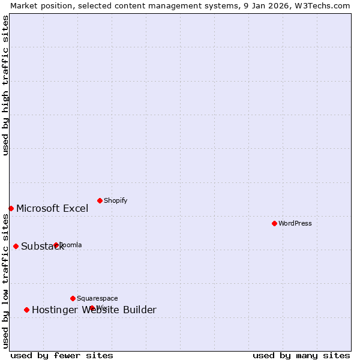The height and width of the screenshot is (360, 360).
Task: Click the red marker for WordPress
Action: (x=274, y=223)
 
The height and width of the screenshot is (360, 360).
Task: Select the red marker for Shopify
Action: (x=100, y=200)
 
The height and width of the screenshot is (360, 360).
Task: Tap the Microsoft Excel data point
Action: (x=11, y=208)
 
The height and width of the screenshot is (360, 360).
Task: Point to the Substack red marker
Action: (x=16, y=246)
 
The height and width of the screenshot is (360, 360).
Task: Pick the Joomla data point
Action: (x=56, y=245)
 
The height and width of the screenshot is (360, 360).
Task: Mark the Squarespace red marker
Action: (x=73, y=298)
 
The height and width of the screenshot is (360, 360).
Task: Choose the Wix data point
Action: (x=92, y=308)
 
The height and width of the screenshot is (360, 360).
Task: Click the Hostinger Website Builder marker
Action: (x=26, y=310)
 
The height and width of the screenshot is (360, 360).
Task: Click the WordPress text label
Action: (x=295, y=223)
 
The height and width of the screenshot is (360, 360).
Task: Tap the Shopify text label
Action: (x=115, y=200)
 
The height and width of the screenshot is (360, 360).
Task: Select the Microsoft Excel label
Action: (x=52, y=208)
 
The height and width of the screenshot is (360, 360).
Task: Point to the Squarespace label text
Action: (x=97, y=298)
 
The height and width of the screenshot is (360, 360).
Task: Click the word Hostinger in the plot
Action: (x=53, y=310)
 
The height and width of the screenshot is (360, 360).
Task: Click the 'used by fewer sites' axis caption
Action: (x=62, y=355)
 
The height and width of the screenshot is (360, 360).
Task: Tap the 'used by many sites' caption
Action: (x=301, y=355)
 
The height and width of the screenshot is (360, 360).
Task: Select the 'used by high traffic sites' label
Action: (x=6, y=85)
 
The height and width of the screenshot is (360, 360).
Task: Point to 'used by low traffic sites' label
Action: (x=6, y=281)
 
